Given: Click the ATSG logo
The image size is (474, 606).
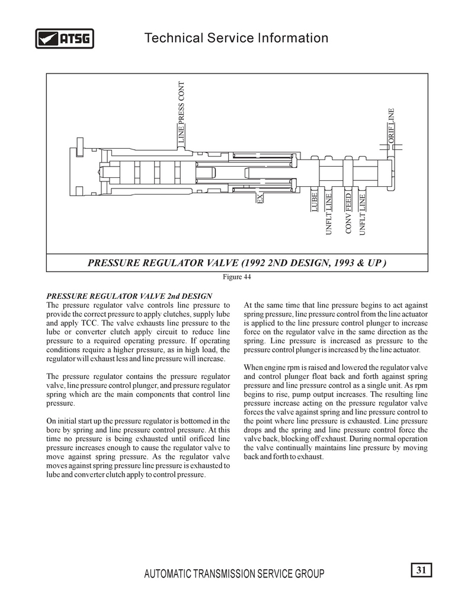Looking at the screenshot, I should tap(65, 39).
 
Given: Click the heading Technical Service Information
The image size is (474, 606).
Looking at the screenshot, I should tap(236, 39).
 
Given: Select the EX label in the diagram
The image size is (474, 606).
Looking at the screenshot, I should tap(260, 198).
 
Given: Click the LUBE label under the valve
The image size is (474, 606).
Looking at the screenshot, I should tap(315, 202).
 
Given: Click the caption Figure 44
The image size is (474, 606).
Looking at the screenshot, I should tap(236, 277).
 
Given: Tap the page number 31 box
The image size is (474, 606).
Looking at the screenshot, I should tap(421, 570).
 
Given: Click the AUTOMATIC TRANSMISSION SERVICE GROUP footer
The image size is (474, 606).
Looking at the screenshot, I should tap(235, 574).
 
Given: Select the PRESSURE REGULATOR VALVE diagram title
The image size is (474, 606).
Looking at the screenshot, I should tap(237, 262).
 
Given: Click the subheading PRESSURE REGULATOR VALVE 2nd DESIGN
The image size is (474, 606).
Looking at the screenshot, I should tap(129, 296).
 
